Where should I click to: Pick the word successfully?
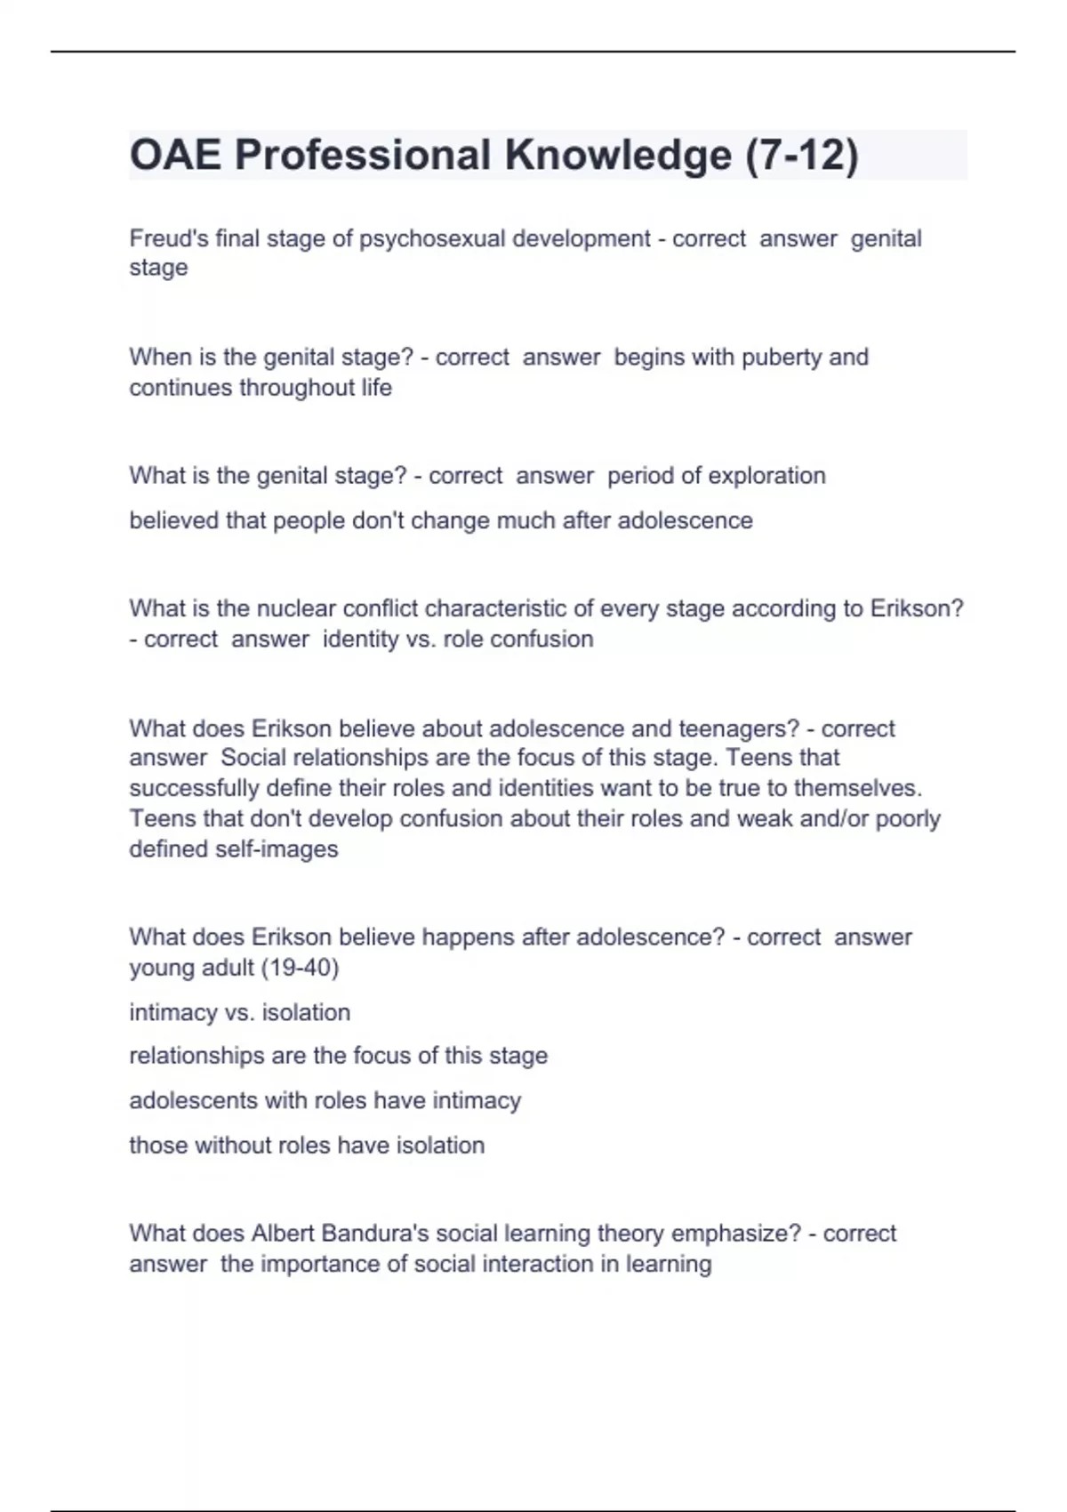194,788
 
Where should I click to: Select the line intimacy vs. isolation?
240,1012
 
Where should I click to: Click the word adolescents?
193,1100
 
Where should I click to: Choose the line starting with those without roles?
307,1145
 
